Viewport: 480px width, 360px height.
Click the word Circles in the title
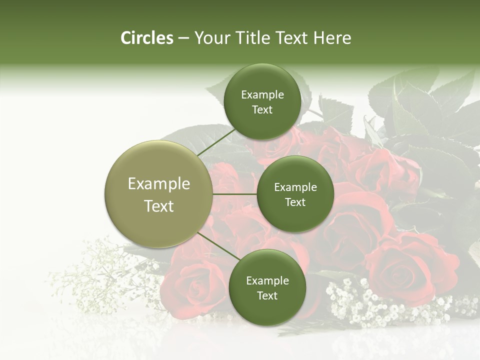point(146,38)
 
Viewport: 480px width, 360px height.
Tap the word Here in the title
point(332,38)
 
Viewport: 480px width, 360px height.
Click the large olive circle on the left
point(158,194)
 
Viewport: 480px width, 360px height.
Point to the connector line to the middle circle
point(235,194)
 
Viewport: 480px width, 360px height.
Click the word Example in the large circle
point(158,184)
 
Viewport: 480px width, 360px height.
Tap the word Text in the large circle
point(158,206)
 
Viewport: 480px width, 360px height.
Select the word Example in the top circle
point(262,95)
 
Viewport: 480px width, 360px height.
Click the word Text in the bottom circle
point(267,295)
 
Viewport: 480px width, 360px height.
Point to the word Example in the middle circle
point(295,187)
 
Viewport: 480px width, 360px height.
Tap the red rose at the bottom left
point(192,285)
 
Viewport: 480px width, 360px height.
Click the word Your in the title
point(211,38)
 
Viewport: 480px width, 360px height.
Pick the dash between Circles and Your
point(183,38)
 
